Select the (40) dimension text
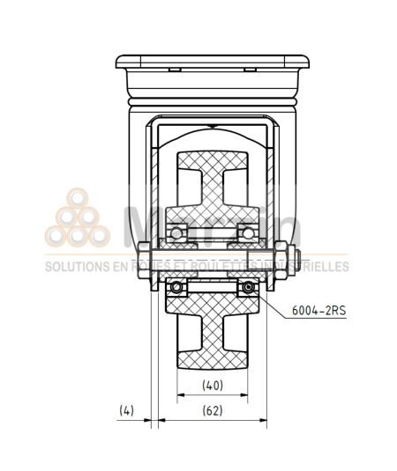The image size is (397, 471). (x=212, y=385)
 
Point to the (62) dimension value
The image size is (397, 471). (x=212, y=409)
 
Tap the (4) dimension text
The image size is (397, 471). (x=128, y=409)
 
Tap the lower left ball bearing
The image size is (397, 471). (x=179, y=287)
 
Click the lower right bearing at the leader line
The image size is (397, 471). (x=248, y=287)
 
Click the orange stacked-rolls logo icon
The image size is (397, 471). (x=77, y=220)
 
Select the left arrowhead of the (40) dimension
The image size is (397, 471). (x=181, y=394)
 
